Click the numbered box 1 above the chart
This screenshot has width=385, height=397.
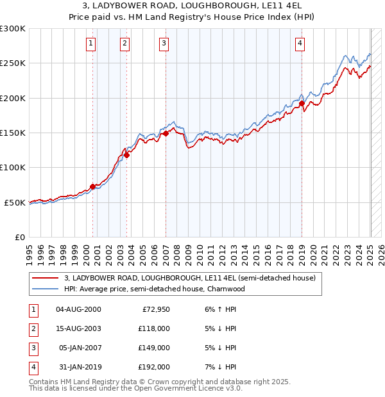click(x=90, y=44)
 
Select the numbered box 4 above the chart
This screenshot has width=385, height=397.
click(x=300, y=44)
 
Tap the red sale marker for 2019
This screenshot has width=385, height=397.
click(x=302, y=103)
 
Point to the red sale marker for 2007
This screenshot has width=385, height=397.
click(x=166, y=133)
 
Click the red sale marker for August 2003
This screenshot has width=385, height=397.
click(x=127, y=154)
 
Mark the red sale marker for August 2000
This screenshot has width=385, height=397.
click(x=92, y=186)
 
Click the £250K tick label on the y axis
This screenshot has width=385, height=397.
click(x=13, y=63)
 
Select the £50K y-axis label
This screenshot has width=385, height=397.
click(x=15, y=202)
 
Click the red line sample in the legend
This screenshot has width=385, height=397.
click(x=45, y=279)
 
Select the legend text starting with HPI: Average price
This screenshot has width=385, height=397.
click(x=155, y=289)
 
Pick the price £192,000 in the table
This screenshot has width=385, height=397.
click(x=154, y=367)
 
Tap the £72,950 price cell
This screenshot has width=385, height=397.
click(x=156, y=309)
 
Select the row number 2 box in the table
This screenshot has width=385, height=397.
click(x=32, y=328)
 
